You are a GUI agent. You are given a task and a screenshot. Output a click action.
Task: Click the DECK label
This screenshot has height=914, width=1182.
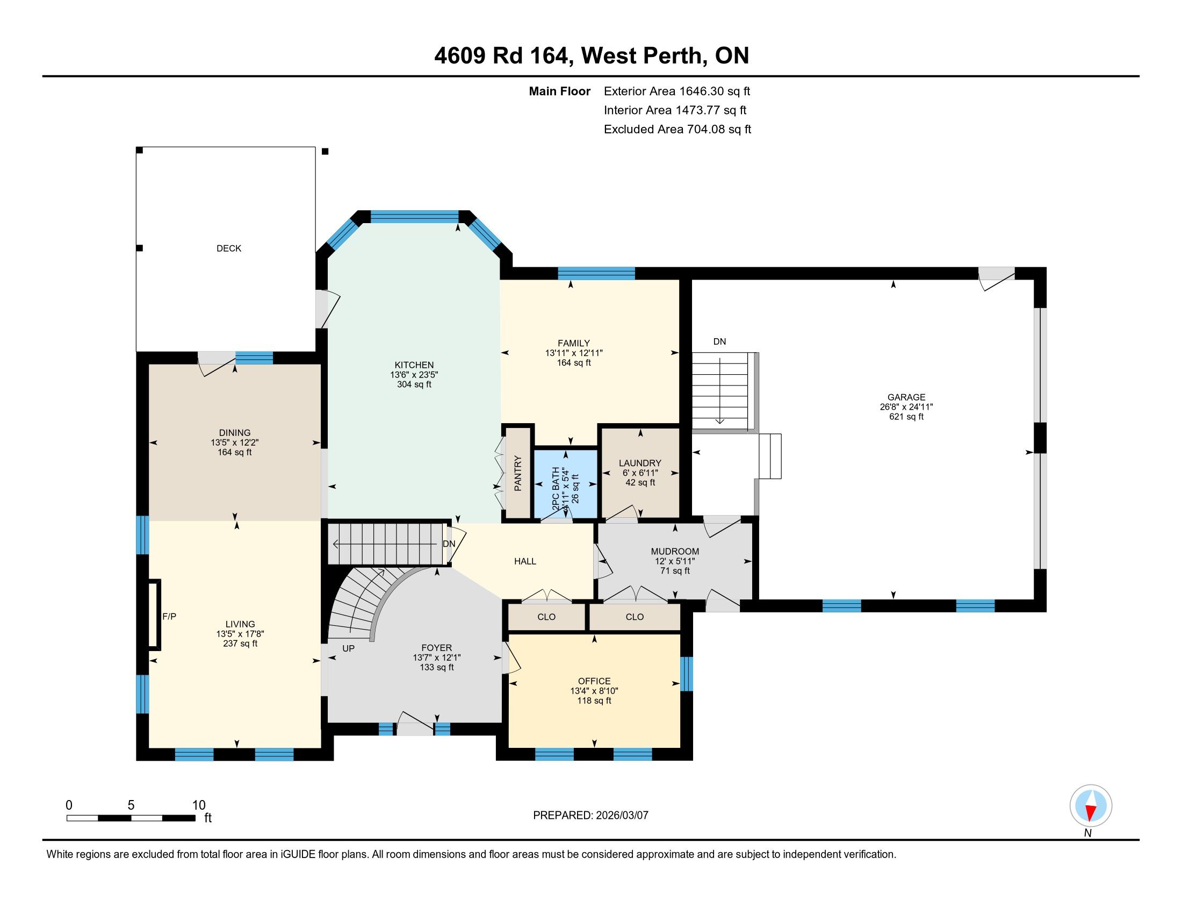click(x=228, y=248)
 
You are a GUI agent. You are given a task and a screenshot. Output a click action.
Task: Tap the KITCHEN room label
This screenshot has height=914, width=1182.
click(x=414, y=365)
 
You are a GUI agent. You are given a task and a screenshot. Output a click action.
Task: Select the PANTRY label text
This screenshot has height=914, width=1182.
click(x=518, y=473)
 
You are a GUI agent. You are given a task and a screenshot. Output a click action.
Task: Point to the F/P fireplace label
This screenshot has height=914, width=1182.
click(x=169, y=616)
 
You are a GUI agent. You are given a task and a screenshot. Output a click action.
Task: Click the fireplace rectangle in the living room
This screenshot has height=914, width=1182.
click(x=155, y=614)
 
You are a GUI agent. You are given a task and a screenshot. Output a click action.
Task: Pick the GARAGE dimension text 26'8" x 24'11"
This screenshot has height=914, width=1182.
click(x=906, y=406)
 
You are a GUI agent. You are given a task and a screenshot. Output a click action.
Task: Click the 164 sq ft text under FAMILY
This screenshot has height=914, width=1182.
click(x=574, y=363)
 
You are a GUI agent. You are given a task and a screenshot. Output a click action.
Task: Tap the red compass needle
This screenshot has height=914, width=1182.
click(x=1091, y=812)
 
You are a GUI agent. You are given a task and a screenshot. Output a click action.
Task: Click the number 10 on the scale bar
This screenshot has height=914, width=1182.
click(x=199, y=805)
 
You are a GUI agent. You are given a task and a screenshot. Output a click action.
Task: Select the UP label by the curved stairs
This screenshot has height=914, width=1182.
click(x=349, y=648)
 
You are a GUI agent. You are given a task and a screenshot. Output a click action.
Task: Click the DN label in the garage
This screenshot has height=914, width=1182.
click(x=719, y=341)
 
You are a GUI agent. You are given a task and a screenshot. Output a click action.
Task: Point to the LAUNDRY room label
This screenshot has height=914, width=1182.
click(x=640, y=463)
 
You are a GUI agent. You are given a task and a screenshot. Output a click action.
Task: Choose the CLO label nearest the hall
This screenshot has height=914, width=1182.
click(x=546, y=617)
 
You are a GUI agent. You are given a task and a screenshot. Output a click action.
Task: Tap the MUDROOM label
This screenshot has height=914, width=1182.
click(x=675, y=551)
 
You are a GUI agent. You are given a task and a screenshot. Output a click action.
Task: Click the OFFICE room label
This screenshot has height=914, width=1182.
click(x=594, y=681)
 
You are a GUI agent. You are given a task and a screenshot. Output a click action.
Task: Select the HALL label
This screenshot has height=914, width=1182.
click(x=525, y=561)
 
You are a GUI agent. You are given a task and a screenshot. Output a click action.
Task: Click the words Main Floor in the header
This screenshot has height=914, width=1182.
click(x=560, y=91)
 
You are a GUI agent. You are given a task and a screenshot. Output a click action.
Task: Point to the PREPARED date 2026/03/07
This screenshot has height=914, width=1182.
click(x=622, y=816)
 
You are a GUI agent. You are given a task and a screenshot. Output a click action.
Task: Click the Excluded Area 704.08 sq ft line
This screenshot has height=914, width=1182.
click(x=678, y=130)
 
